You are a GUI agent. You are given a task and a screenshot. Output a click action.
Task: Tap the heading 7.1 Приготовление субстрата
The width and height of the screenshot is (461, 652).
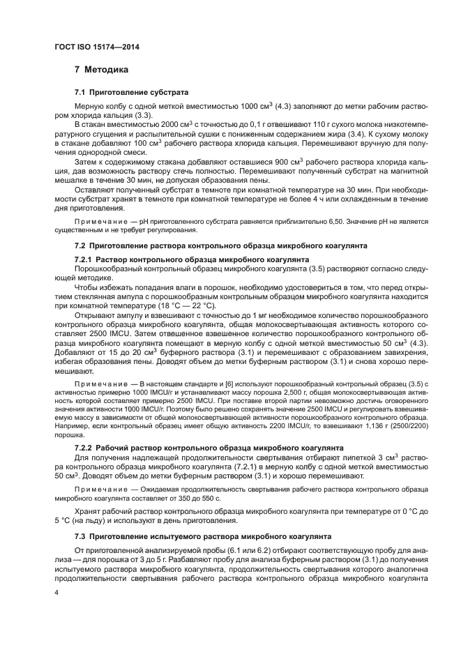pos(131,93)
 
